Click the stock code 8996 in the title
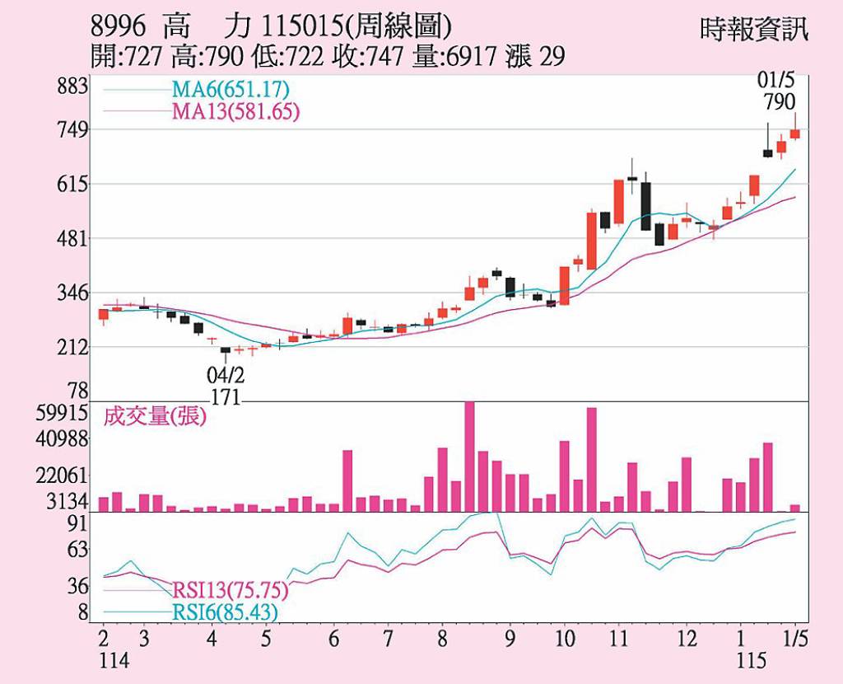point(119,26)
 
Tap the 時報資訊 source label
point(754,30)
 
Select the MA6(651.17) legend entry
point(230,89)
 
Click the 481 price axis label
point(74,238)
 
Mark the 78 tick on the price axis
point(77,390)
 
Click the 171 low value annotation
point(225,397)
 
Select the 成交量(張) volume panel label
point(155,417)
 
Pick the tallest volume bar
point(469,456)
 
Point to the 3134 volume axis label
point(70,502)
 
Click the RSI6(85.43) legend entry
point(225,612)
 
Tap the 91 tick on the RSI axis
point(77,524)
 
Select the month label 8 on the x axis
point(442,639)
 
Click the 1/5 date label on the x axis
point(794,639)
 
